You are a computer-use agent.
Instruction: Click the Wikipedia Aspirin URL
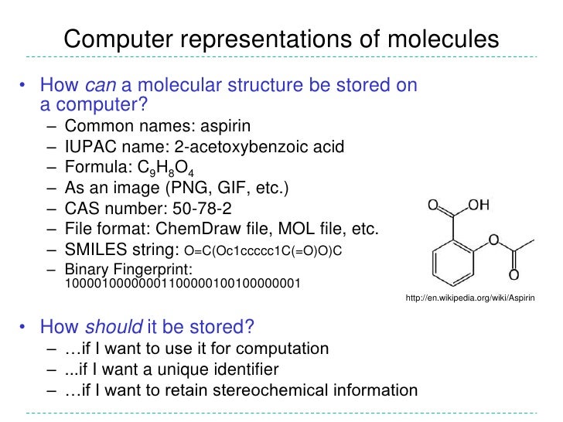click(x=471, y=298)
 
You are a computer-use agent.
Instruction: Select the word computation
click(x=281, y=349)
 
